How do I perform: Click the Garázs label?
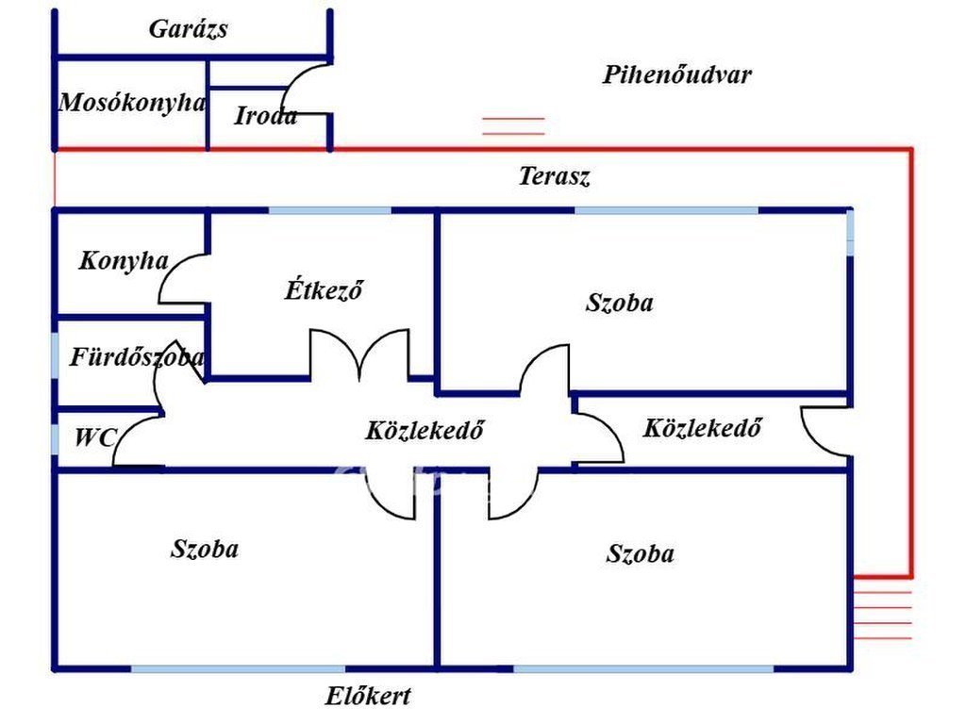pos(189,29)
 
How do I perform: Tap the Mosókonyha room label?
pos(131,103)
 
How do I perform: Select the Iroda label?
pos(265,116)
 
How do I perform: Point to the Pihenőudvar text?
pos(676,74)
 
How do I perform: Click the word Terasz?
pos(555,176)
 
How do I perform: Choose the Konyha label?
pos(124,261)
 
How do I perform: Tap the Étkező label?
pos(325,289)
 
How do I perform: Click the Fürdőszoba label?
pos(136,357)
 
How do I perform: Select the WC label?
pos(95,437)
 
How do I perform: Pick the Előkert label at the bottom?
pos(368,697)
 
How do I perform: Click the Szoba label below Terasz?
pos(620,303)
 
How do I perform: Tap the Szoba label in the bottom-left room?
pos(205,549)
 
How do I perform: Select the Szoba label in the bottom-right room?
pos(641,553)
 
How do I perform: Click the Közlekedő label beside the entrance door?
pos(702,428)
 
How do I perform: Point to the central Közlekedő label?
pos(425,431)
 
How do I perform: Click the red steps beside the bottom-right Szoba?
pos(882,614)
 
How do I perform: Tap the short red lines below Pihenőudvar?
pos(514,126)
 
